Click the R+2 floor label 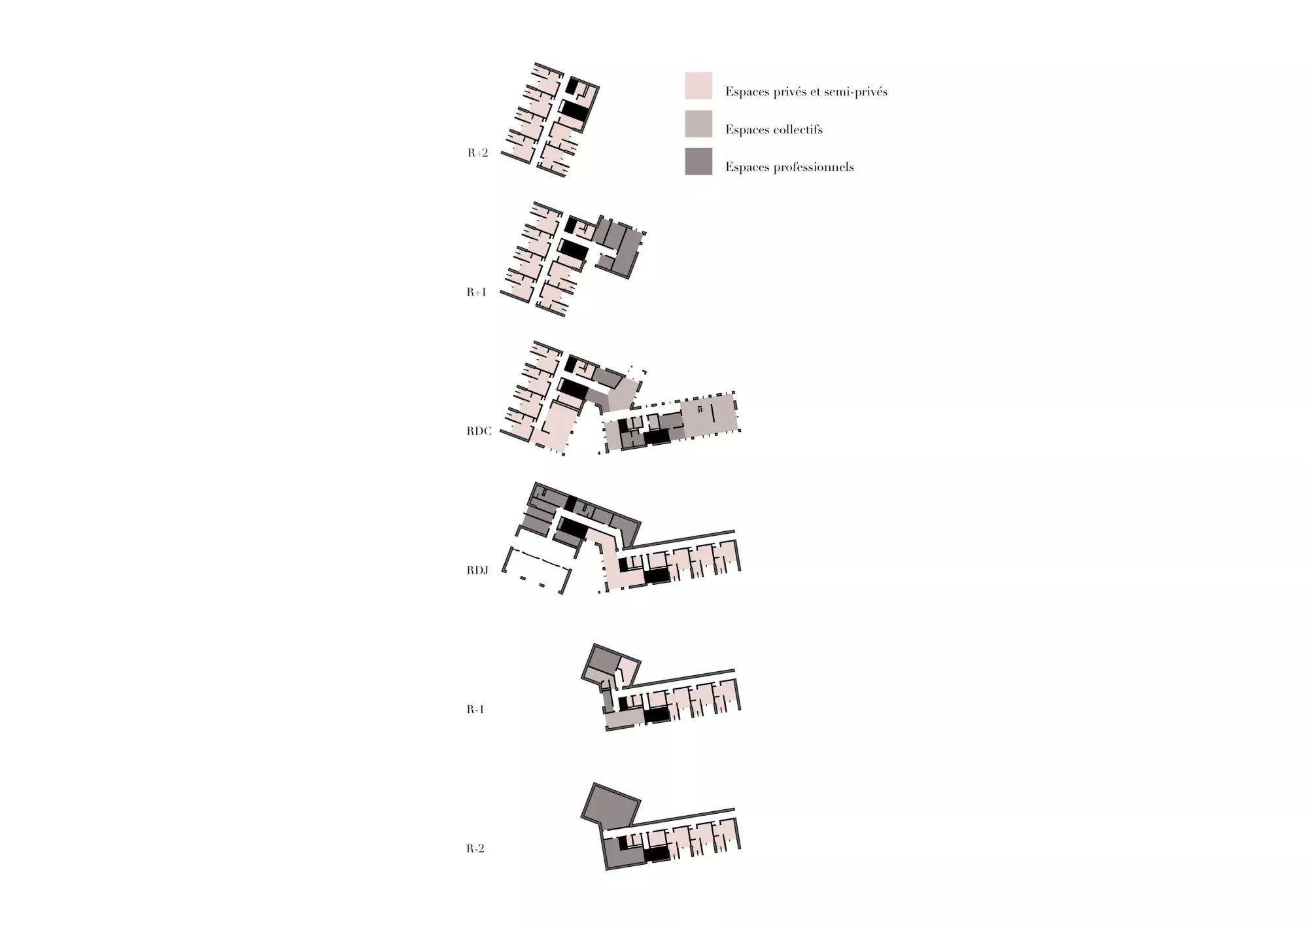tap(477, 154)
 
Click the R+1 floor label tap(476, 292)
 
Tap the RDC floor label tap(479, 432)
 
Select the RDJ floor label tap(477, 570)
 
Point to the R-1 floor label tap(475, 709)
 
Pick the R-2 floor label tap(475, 848)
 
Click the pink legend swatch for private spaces tap(698, 86)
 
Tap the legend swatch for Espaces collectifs tap(698, 124)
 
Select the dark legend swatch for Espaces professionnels tap(698, 162)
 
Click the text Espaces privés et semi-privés tap(806, 92)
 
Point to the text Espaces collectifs tap(774, 130)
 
